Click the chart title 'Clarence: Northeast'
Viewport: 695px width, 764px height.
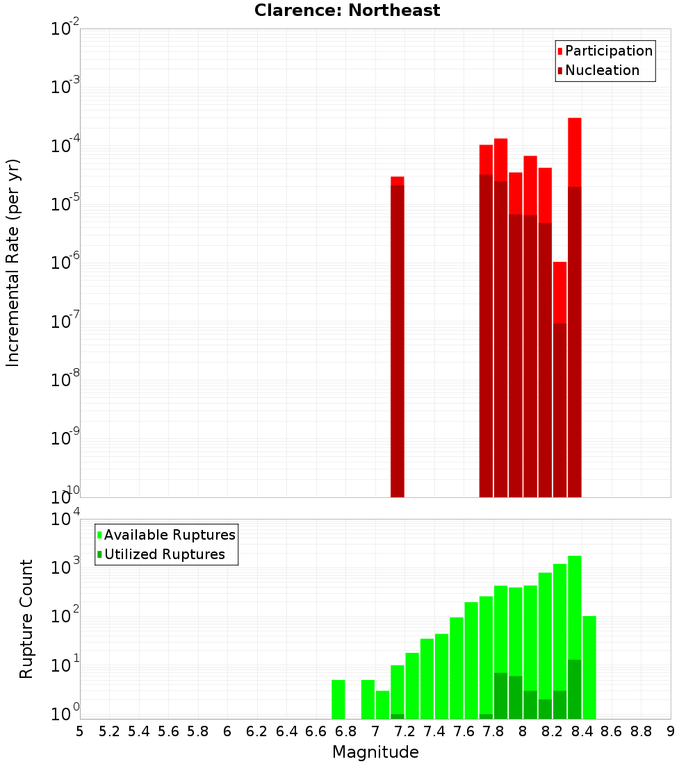coord(347,10)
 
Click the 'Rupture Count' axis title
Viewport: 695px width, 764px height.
coord(26,619)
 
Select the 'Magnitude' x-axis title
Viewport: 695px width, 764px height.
coord(375,752)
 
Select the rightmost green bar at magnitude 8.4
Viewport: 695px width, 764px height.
coord(589,667)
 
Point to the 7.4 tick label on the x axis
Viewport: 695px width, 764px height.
coord(434,731)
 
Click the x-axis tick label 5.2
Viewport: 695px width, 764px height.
coord(109,731)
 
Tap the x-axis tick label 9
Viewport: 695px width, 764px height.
coord(671,731)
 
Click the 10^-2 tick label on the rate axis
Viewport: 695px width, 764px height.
coord(65,29)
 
